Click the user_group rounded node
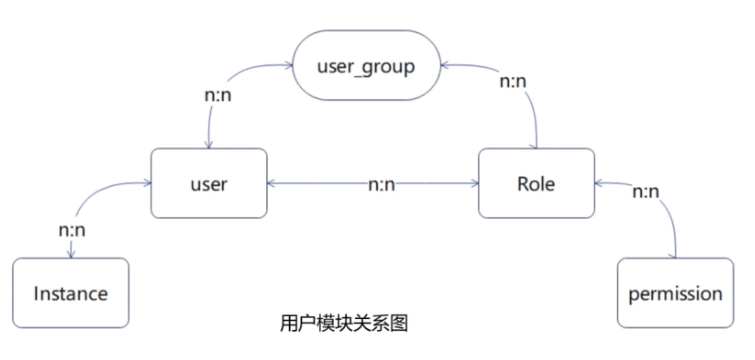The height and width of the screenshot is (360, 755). pos(366,65)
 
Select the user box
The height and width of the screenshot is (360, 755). pos(209,183)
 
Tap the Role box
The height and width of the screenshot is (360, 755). pos(536,183)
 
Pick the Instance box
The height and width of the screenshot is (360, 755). pos(71,293)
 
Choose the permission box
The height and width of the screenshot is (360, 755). pos(676,293)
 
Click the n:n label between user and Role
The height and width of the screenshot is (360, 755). pos(381,185)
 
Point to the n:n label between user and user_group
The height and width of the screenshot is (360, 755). pos(218,95)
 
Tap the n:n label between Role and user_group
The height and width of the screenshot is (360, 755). pos(513,82)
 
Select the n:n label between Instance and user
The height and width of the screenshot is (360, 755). pos(72,231)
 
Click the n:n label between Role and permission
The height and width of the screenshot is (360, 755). pos(646,192)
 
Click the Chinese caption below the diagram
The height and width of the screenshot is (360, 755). pos(344,323)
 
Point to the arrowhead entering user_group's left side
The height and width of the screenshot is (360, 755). pos(289,65)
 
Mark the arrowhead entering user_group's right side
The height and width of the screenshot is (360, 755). pos(445,65)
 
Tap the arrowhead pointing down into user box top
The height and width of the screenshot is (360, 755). pos(209,144)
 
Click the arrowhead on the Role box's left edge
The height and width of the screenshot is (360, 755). pos(474,183)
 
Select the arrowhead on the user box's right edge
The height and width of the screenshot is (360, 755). pos(271,183)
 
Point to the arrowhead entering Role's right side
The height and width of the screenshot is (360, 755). pos(599,183)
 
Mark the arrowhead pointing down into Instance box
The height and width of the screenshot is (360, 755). pos(71,254)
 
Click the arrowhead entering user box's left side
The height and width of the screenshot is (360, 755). pos(147,183)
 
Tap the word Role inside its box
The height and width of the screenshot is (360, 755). pos(536,184)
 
